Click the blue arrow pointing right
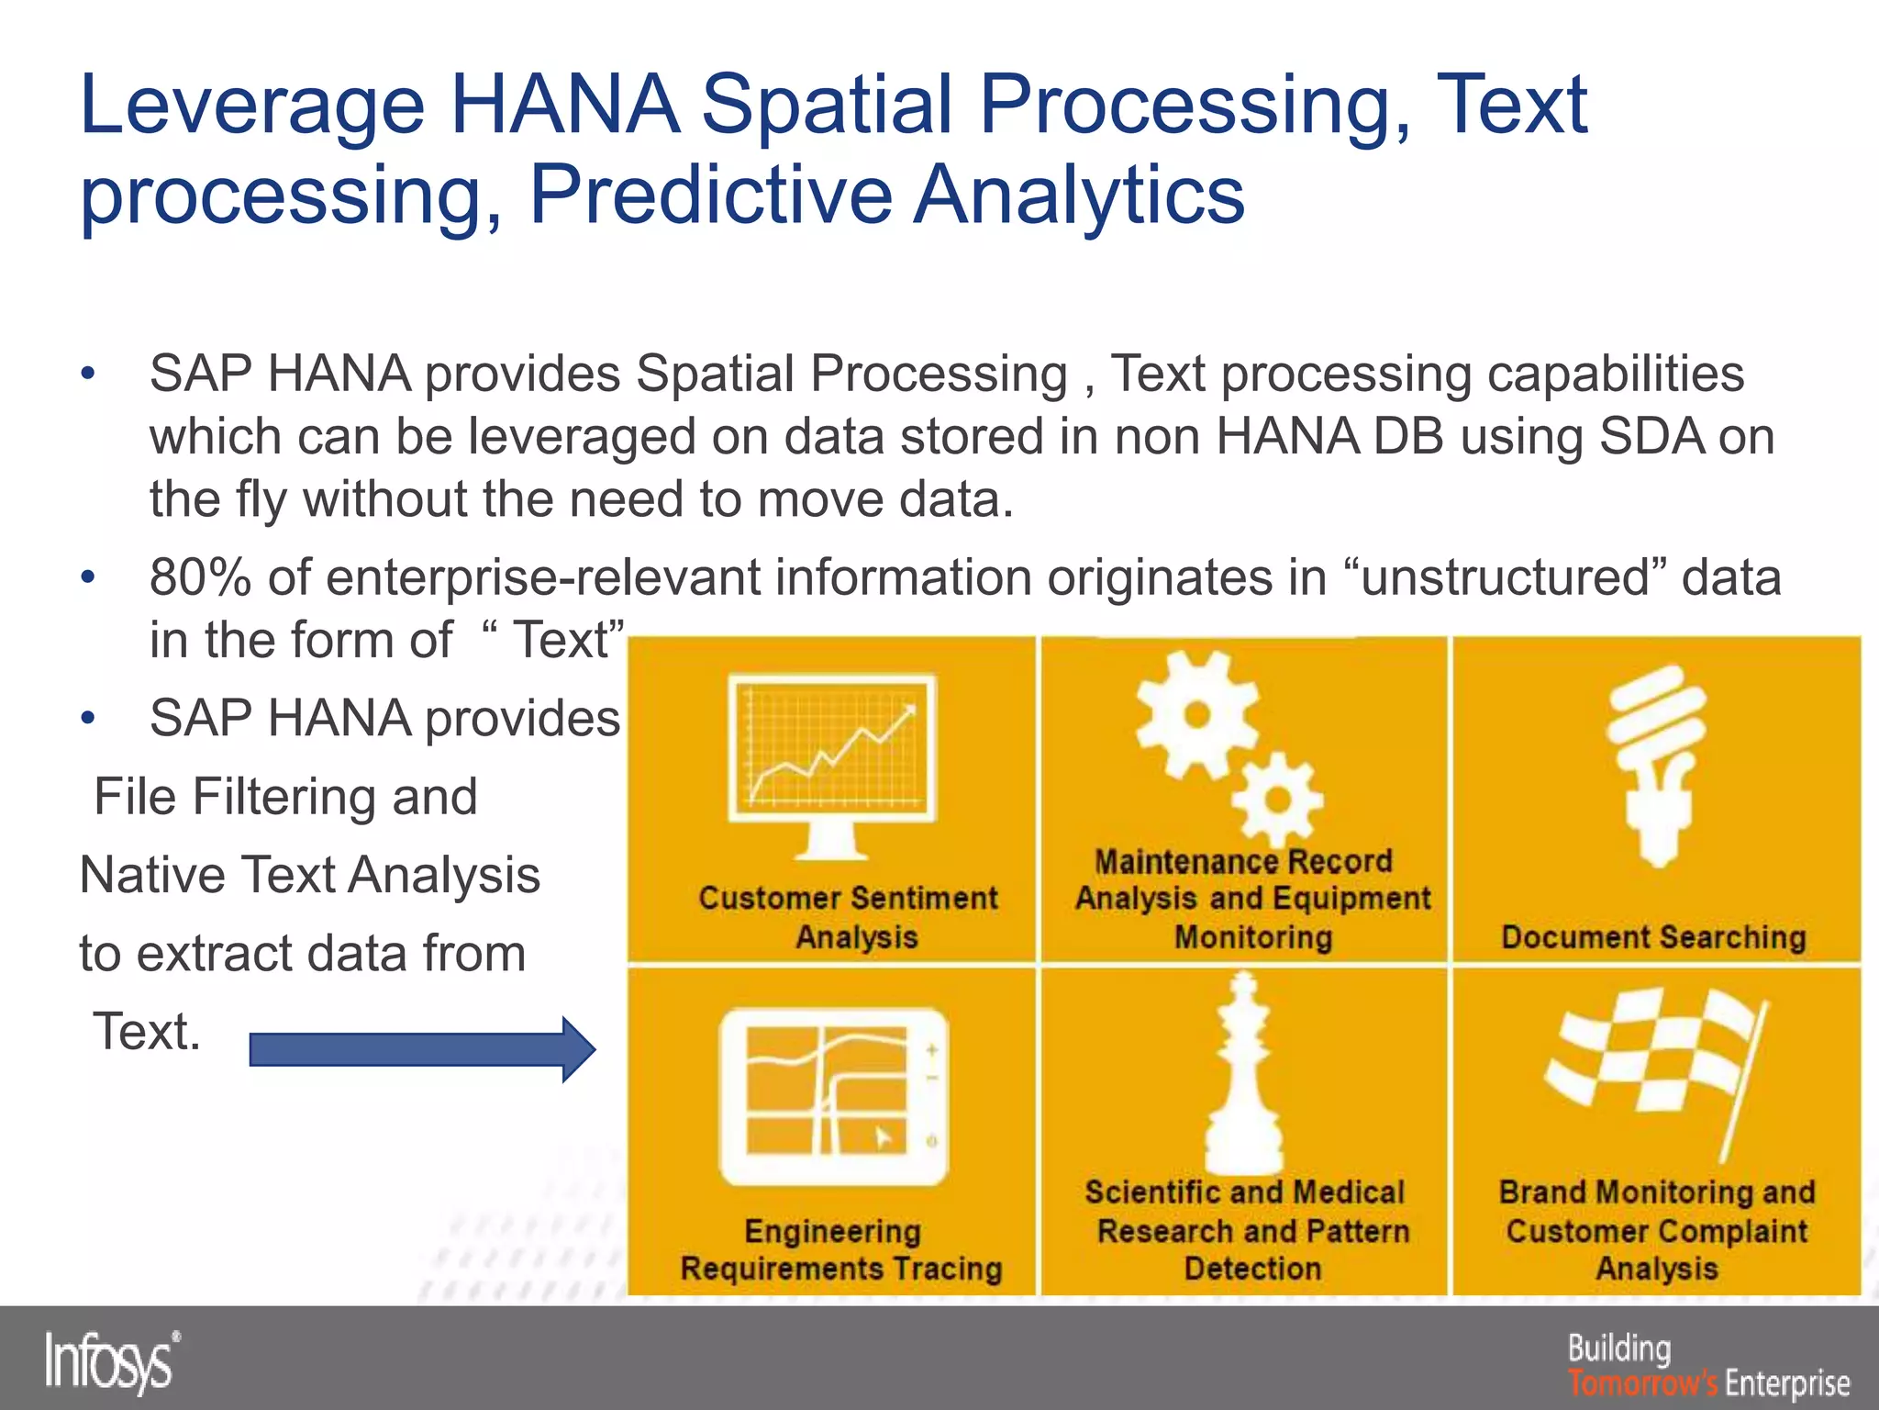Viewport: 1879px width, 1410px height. (x=422, y=1049)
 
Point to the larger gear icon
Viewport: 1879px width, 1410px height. (x=1195, y=715)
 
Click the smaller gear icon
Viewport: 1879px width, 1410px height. (x=1276, y=799)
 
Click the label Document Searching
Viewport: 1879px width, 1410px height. (x=1653, y=937)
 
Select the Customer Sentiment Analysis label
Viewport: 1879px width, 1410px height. (x=848, y=917)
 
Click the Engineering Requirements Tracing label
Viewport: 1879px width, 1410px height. (x=840, y=1249)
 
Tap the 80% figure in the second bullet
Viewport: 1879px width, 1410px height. (x=200, y=577)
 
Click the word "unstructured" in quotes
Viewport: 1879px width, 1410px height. (x=1504, y=577)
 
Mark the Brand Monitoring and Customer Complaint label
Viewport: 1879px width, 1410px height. (x=1656, y=1230)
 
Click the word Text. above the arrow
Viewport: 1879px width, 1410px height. (x=146, y=1032)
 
